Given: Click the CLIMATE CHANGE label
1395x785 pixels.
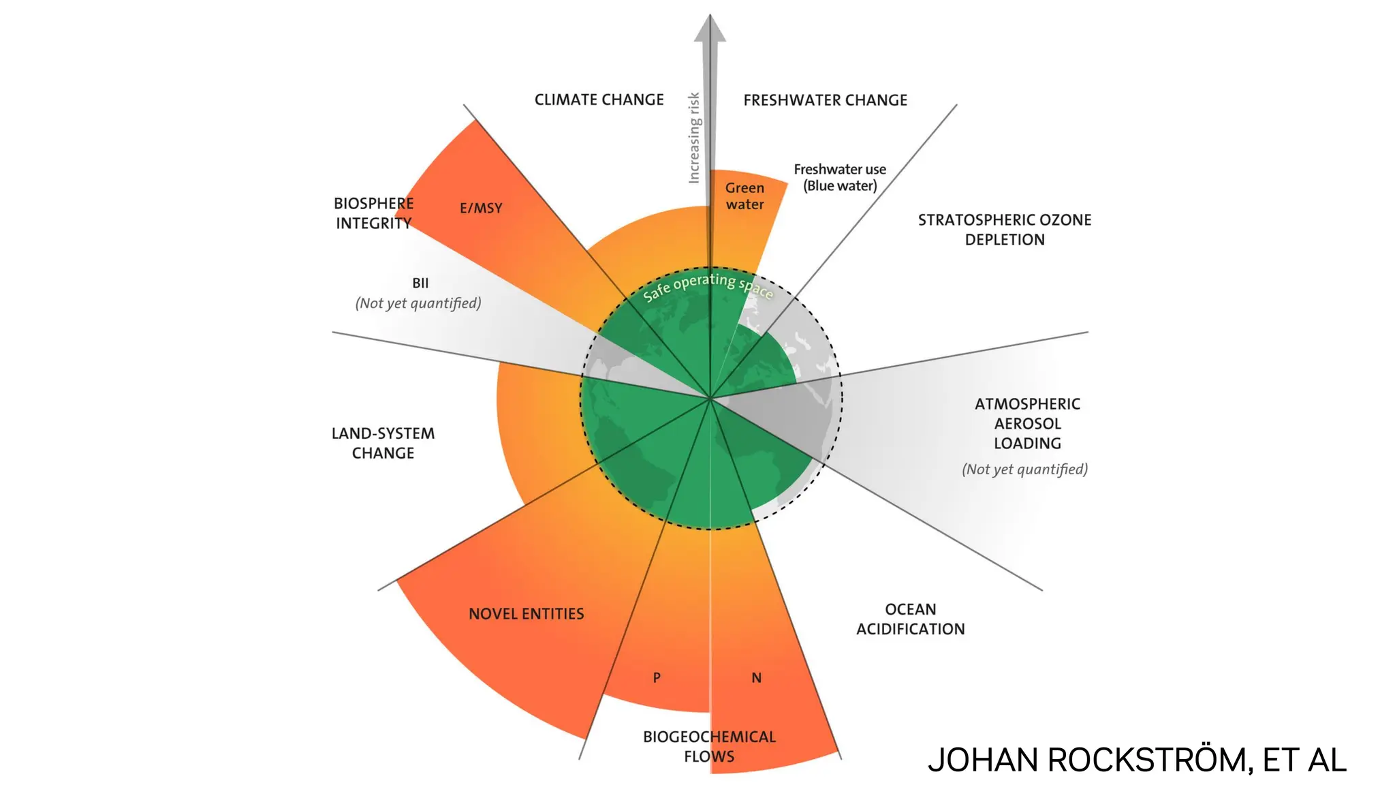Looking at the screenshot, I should pyautogui.click(x=599, y=100).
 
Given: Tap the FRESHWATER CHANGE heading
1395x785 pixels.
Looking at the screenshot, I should pyautogui.click(x=825, y=100).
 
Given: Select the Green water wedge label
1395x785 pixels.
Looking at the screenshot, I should pyautogui.click(x=744, y=196).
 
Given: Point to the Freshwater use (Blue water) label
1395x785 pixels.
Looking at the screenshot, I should pyautogui.click(x=840, y=177).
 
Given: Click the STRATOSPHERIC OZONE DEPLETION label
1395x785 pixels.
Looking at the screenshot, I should pyautogui.click(x=1004, y=230).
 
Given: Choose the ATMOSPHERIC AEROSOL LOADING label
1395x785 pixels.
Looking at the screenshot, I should pyautogui.click(x=1027, y=423).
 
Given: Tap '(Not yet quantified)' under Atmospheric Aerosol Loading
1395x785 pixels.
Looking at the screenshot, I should pyautogui.click(x=1024, y=470).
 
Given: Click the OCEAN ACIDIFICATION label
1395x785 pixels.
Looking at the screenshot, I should pyautogui.click(x=910, y=619).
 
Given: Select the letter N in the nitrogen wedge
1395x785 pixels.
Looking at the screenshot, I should pyautogui.click(x=756, y=678).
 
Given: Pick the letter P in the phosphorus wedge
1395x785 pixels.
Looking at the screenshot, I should pyautogui.click(x=657, y=678).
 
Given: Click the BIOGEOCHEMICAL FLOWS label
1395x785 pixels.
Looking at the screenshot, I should pyautogui.click(x=709, y=746).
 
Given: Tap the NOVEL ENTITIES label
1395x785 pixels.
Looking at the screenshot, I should pyautogui.click(x=526, y=614).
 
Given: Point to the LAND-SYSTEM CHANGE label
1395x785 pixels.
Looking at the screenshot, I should pyautogui.click(x=383, y=443).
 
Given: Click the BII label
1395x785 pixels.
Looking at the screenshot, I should pyautogui.click(x=420, y=283).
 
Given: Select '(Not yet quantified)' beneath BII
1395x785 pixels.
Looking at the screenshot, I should pyautogui.click(x=418, y=303).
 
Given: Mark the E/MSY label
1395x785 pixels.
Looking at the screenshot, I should pyautogui.click(x=481, y=208).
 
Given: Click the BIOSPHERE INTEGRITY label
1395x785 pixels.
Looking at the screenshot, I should pyautogui.click(x=373, y=213).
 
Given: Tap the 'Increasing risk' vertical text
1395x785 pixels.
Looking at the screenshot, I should pyautogui.click(x=694, y=138).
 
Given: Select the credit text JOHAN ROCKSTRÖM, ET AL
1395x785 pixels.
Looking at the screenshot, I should pyautogui.click(x=1137, y=760).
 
